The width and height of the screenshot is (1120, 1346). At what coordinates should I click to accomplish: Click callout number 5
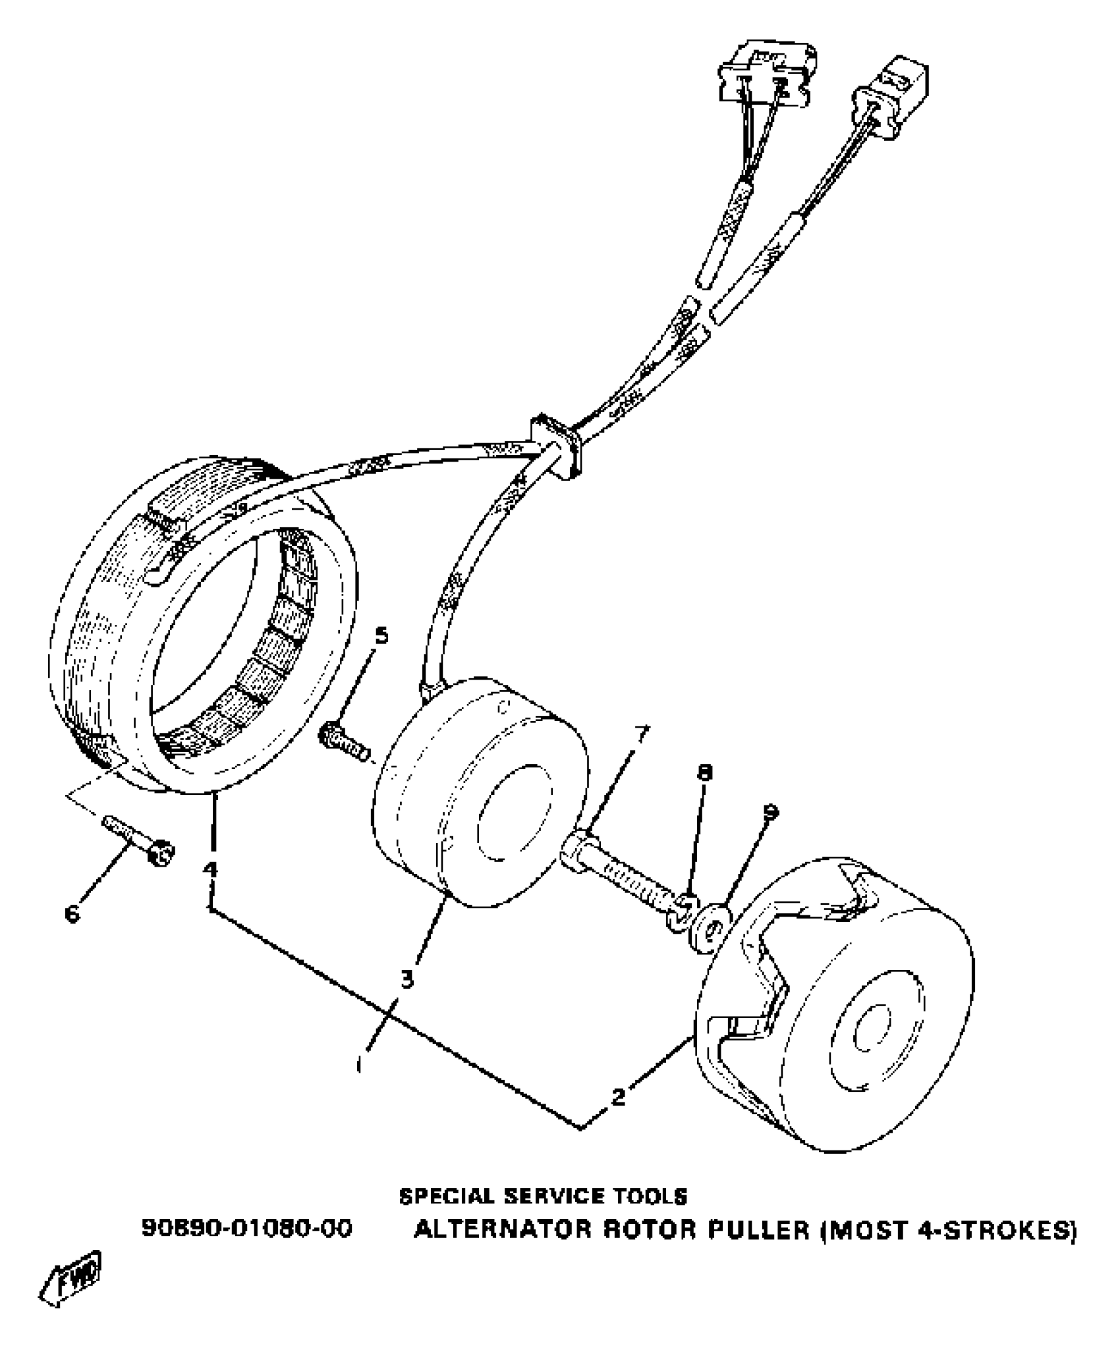coord(381,636)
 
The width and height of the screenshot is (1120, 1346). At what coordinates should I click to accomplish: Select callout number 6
coord(72,913)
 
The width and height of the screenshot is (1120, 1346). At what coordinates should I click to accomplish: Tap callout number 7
coord(641,733)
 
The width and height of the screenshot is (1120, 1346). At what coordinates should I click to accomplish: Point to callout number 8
coord(705,772)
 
